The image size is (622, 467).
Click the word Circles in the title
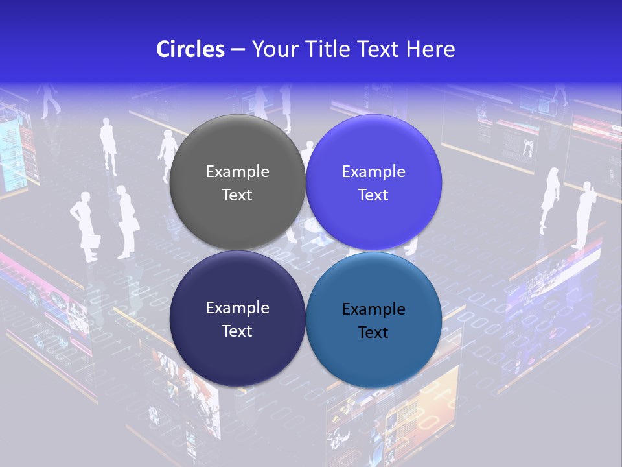point(190,49)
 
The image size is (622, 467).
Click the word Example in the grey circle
point(237,172)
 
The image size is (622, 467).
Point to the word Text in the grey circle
point(237,195)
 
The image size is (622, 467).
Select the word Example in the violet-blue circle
point(374,172)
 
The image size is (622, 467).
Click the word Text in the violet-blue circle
point(374,195)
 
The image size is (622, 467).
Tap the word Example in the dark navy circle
point(237,308)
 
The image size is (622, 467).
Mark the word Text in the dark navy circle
point(237,331)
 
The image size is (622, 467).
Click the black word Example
point(374,309)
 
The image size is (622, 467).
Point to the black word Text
point(374,332)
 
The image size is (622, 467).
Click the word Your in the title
point(271,49)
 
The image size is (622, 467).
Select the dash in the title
point(238,49)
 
